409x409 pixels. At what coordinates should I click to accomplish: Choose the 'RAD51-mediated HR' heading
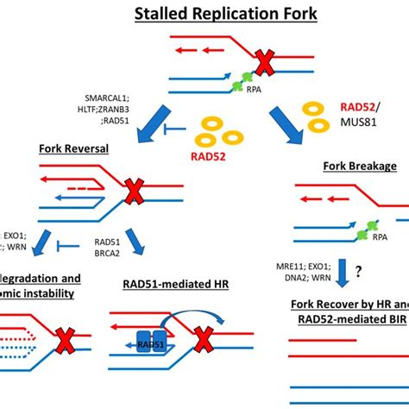pyautogui.click(x=167, y=297)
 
